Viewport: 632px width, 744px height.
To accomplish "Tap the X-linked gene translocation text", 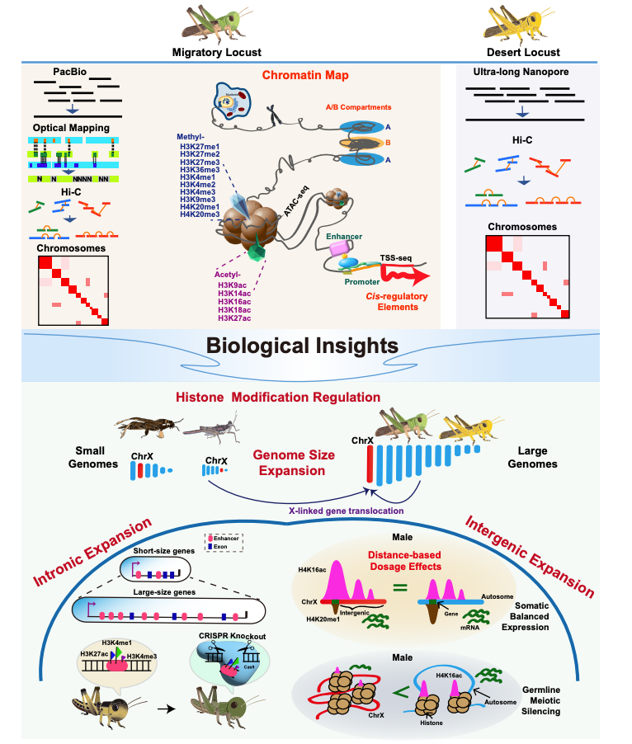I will [346, 511].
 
